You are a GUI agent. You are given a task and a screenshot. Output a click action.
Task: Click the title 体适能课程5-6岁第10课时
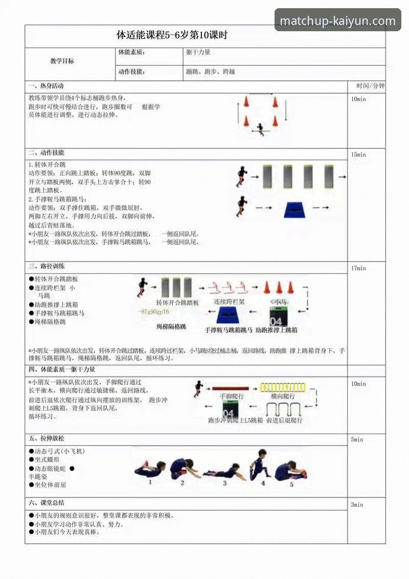[172, 36]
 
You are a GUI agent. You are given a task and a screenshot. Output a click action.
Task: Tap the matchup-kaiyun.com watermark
[338, 21]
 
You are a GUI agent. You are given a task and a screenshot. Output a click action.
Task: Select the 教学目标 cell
[62, 61]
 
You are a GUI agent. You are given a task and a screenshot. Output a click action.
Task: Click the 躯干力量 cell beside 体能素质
[198, 52]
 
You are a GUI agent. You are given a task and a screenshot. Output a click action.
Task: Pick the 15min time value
[358, 155]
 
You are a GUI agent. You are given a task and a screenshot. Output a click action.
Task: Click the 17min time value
[358, 268]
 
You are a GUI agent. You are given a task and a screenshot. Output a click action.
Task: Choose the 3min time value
[357, 505]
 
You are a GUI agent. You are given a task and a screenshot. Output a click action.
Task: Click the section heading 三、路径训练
[47, 267]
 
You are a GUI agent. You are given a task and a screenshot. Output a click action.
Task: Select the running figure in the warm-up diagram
[261, 128]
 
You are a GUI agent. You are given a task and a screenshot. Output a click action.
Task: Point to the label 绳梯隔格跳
[171, 326]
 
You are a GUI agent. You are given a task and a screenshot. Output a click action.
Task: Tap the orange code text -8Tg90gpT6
[154, 312]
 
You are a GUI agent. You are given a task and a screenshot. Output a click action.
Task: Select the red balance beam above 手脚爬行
[231, 389]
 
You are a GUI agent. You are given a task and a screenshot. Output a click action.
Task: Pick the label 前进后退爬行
[284, 420]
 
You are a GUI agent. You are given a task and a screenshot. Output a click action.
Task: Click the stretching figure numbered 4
[261, 465]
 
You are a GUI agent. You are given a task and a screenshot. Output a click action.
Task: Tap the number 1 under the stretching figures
[150, 482]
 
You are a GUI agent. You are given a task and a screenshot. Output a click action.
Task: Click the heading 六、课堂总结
[47, 503]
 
